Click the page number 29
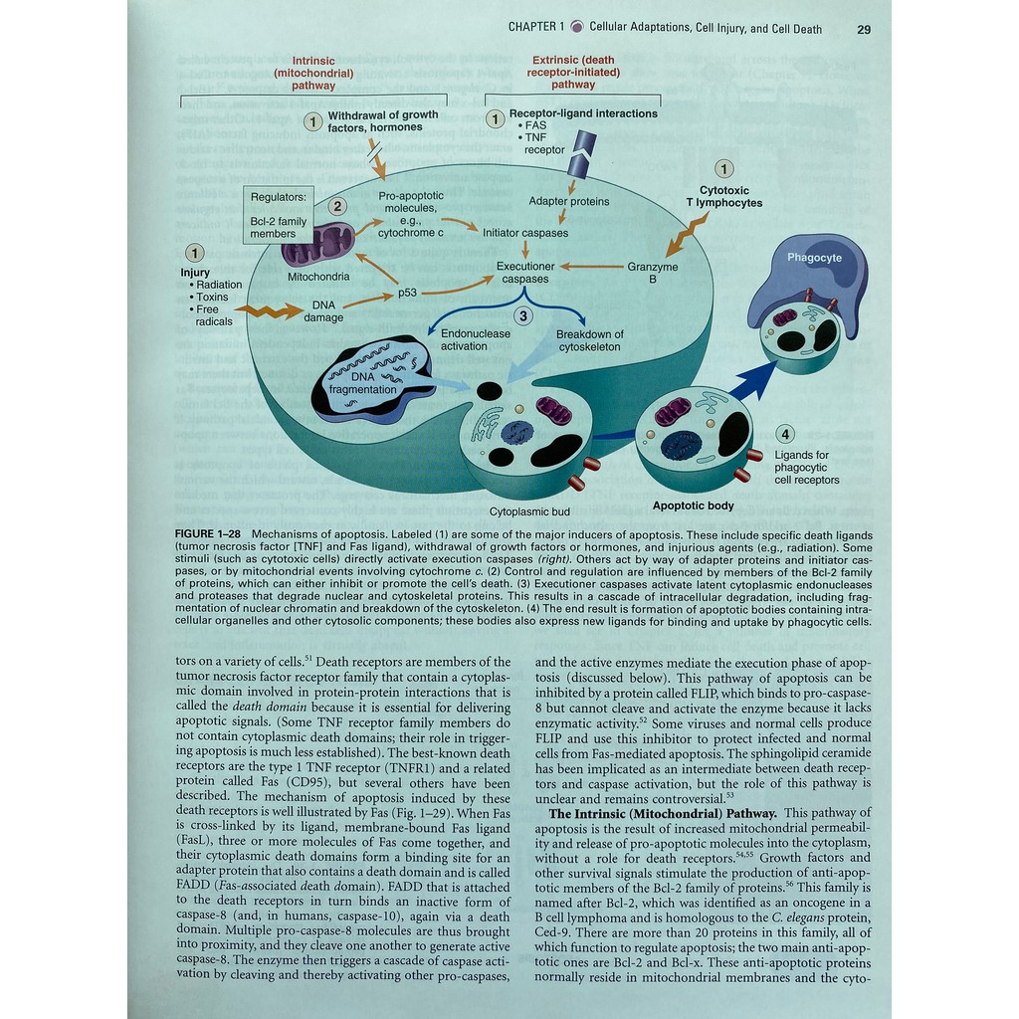(x=863, y=29)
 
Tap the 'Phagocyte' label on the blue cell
(x=814, y=258)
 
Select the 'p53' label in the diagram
(x=407, y=293)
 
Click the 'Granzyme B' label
(x=653, y=273)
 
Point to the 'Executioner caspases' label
(x=525, y=273)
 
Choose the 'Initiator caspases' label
(x=525, y=233)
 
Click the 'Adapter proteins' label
(x=569, y=201)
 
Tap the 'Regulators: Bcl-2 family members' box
(x=279, y=215)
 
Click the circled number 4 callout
(x=786, y=434)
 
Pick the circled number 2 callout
(x=338, y=207)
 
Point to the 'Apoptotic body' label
(x=693, y=506)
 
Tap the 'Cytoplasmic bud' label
(x=529, y=511)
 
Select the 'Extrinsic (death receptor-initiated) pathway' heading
(x=574, y=72)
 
